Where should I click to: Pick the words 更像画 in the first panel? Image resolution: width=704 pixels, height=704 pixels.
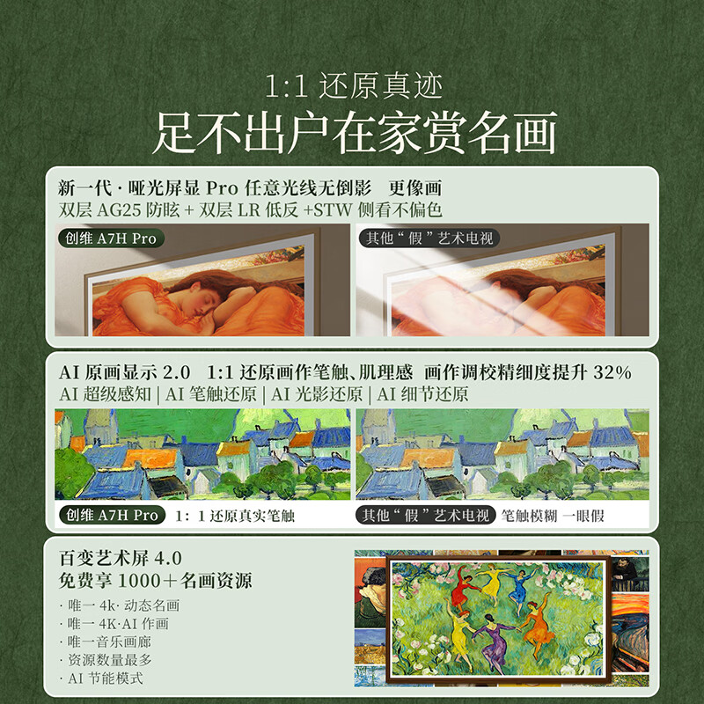pyautogui.click(x=414, y=188)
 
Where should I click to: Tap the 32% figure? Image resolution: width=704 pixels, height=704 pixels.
pyautogui.click(x=612, y=372)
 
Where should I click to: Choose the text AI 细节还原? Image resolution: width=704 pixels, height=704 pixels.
pyautogui.click(x=422, y=394)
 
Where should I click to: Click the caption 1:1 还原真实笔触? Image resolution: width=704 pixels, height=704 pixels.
pyautogui.click(x=235, y=516)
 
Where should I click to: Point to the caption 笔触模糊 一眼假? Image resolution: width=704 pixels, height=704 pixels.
pyautogui.click(x=553, y=516)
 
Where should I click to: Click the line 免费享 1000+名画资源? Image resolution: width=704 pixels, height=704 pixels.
pyautogui.click(x=155, y=581)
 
